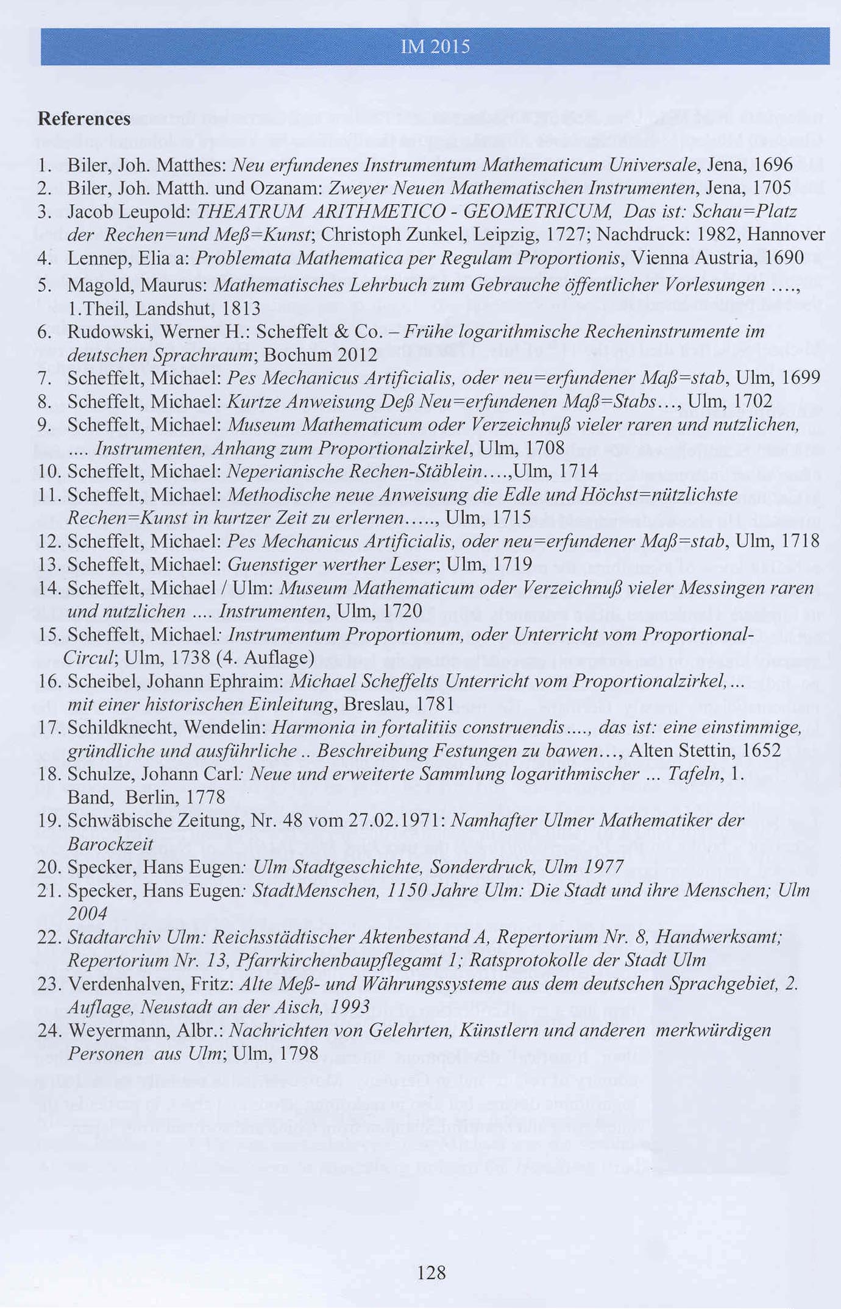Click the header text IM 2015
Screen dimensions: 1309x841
(435, 47)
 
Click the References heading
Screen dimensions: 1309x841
(84, 118)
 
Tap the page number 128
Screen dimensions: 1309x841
(431, 1272)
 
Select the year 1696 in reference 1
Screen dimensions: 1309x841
(773, 165)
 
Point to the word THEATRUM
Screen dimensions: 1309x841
(250, 211)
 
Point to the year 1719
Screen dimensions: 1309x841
(513, 564)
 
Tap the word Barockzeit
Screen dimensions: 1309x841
(110, 845)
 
